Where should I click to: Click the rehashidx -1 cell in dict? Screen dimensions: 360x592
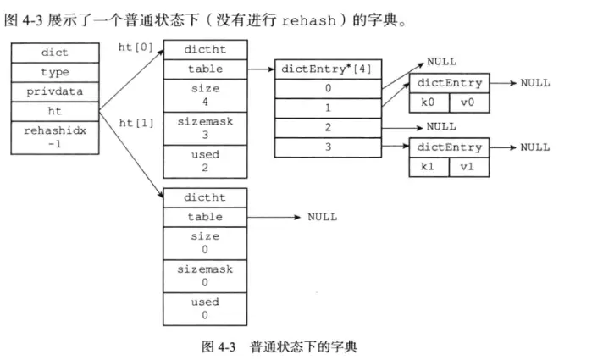(55, 138)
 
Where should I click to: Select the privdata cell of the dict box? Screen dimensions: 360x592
(55, 91)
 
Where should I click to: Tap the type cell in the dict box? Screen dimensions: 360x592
(55, 72)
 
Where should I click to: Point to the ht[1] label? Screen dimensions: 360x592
(136, 123)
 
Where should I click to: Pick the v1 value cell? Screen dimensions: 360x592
(466, 166)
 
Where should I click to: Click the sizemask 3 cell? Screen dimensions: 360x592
(205, 128)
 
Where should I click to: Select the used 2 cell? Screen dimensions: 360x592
(205, 161)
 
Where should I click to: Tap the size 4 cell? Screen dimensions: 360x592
(205, 95)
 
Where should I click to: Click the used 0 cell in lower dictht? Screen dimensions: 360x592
(205, 308)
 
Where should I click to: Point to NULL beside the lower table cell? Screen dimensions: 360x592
(322, 218)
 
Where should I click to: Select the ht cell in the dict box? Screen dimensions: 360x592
(55, 111)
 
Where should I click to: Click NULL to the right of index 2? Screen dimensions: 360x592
(440, 126)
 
